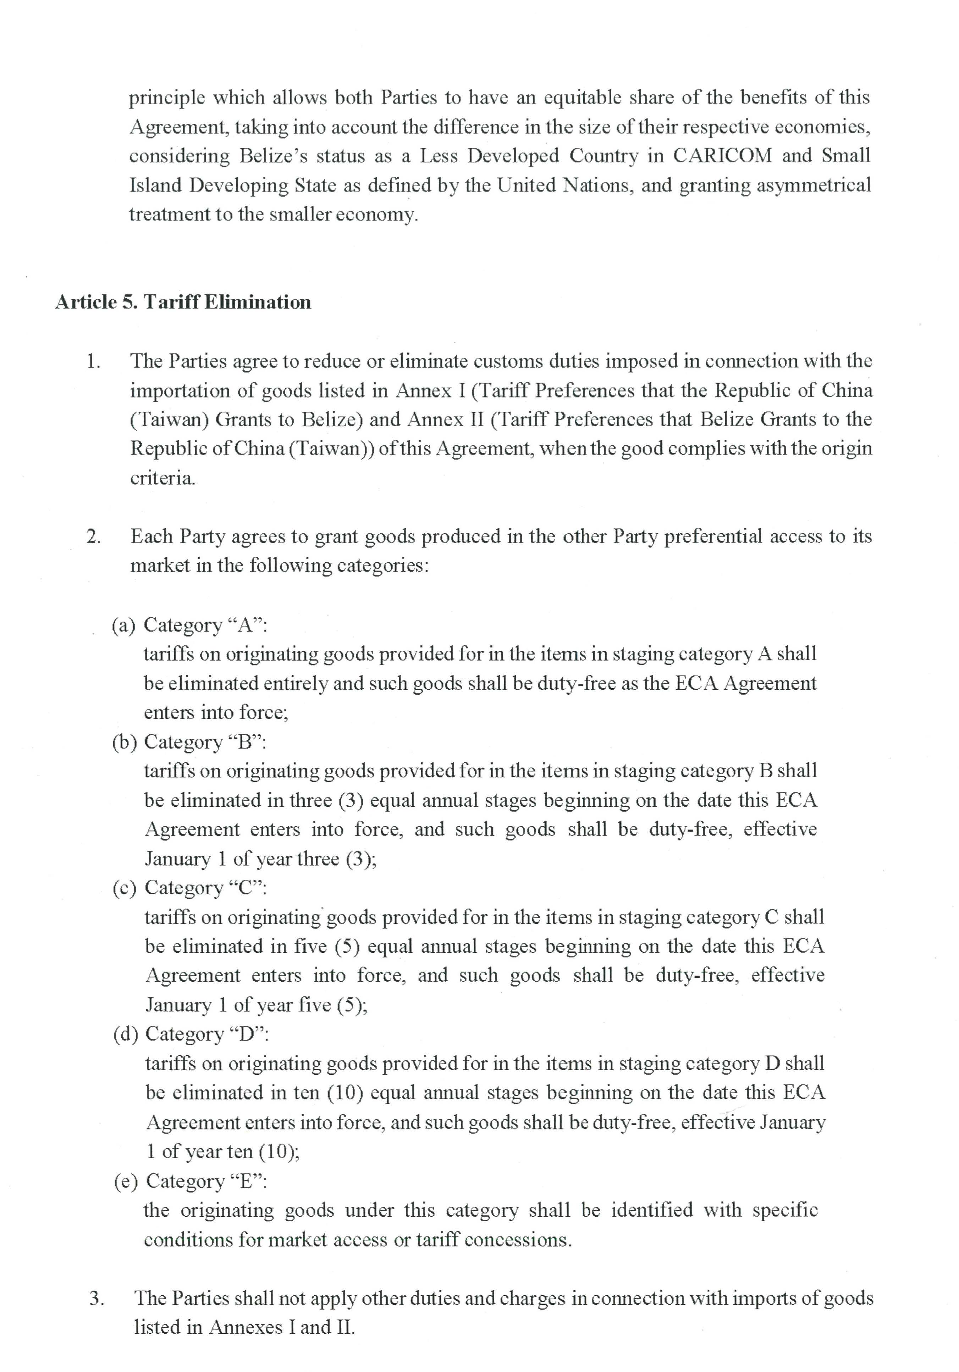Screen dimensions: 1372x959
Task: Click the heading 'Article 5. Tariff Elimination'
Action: [x=183, y=302]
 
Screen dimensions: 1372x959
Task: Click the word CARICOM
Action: [x=722, y=156]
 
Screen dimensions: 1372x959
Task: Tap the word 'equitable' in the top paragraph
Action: [x=583, y=98]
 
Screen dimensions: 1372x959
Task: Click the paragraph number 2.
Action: [x=93, y=537]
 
